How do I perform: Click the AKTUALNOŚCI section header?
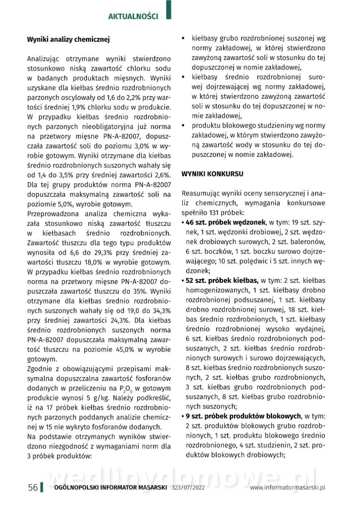click(x=133, y=17)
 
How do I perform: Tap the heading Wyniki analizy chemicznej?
click(x=68, y=39)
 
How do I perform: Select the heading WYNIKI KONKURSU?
click(x=213, y=174)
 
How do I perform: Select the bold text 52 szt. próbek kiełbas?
click(x=222, y=280)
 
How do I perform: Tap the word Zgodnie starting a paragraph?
click(x=40, y=369)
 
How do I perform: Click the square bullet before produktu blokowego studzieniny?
click(x=183, y=126)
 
